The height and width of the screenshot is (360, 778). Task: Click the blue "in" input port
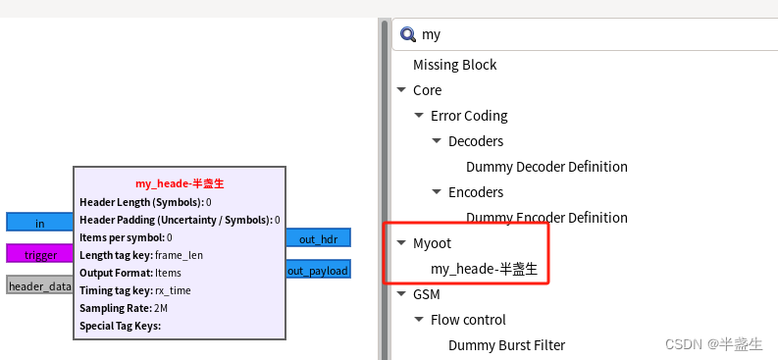39,223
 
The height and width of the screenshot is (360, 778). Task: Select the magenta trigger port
39,254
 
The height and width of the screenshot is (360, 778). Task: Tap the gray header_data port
39,285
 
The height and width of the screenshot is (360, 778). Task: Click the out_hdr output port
318,238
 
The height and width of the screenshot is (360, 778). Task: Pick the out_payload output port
318,270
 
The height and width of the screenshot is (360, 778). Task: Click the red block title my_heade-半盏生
180,183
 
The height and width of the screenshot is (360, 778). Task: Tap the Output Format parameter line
130,272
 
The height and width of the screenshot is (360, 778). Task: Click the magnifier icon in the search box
408,34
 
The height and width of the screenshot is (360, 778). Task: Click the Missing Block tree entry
454,65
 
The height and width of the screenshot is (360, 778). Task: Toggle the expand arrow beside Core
400,90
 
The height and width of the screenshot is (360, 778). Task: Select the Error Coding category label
468,116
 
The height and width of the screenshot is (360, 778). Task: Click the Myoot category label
432,242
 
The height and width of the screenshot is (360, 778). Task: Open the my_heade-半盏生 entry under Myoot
484,268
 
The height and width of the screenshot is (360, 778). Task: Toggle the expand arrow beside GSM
400,294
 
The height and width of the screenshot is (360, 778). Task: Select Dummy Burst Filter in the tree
506,344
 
